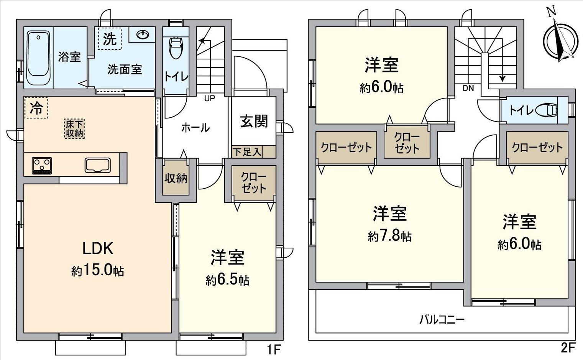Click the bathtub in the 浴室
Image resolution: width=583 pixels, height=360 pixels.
coord(38,58)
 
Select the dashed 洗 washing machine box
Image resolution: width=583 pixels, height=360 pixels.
coord(110,39)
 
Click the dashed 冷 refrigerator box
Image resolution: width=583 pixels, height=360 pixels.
coord(36,108)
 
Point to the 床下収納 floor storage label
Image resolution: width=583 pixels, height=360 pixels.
coord(74,129)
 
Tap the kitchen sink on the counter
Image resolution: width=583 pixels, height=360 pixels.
coord(98,165)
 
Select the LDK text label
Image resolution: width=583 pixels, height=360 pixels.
coord(98,248)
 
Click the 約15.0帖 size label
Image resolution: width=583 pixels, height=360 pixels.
coord(97,271)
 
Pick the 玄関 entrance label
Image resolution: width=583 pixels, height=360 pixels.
coord(254,122)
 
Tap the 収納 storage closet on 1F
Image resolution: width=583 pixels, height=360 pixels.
coord(176,178)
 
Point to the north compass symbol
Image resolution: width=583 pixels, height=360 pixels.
coord(560,40)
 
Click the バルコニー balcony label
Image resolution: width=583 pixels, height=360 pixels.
coord(442,319)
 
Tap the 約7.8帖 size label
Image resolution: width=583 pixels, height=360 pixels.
coord(389,236)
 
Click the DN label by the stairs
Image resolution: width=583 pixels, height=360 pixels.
coord(468,88)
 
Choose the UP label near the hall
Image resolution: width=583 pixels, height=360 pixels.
coord(210,99)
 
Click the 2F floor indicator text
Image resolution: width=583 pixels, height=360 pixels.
coord(568,348)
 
